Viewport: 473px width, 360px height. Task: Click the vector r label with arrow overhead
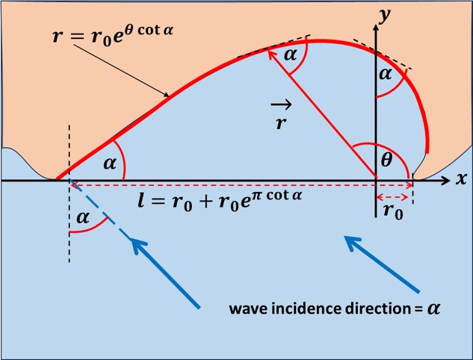coord(281,117)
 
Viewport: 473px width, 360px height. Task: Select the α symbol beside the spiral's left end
coord(111,164)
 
